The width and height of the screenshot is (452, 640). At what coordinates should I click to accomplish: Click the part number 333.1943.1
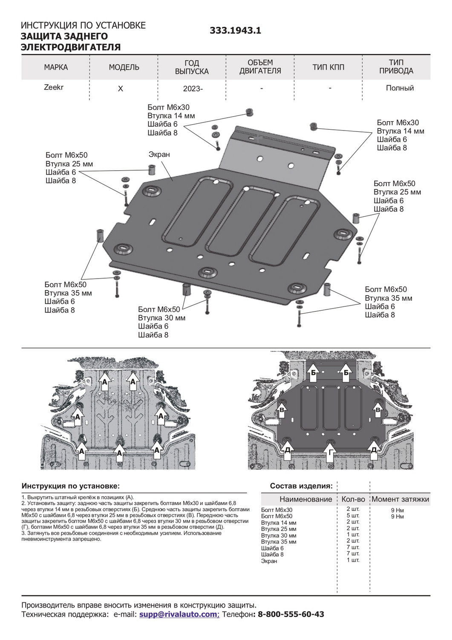click(235, 31)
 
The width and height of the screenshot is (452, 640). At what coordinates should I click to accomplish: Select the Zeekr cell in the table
click(54, 87)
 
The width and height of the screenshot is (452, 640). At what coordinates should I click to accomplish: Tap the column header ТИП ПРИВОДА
click(396, 67)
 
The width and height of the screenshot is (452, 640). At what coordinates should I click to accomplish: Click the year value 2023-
click(193, 89)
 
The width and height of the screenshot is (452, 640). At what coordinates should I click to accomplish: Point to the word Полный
click(400, 88)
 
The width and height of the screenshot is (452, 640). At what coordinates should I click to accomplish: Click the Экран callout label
click(159, 154)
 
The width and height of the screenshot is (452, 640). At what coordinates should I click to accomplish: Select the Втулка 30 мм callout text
click(161, 318)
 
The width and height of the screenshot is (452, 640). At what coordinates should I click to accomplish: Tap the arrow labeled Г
click(330, 452)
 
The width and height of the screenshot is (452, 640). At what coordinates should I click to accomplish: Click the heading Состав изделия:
click(301, 486)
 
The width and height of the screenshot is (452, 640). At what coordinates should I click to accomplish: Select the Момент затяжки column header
click(400, 499)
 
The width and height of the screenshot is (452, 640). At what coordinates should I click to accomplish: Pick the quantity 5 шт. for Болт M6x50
click(353, 515)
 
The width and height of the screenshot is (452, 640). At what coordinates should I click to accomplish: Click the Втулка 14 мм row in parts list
click(279, 523)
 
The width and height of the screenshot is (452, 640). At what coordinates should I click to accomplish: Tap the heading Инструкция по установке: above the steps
click(71, 486)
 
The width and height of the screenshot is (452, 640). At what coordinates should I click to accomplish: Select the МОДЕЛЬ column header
click(124, 67)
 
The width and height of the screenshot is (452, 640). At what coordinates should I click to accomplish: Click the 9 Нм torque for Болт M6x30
click(397, 510)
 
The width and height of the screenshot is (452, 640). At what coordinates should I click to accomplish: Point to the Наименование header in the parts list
click(305, 499)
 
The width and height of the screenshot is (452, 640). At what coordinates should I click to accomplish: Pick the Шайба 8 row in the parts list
click(272, 555)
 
